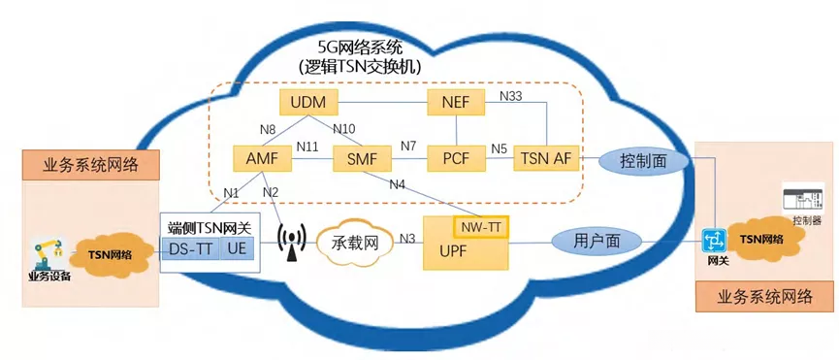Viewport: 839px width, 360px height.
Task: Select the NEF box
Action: tap(456, 102)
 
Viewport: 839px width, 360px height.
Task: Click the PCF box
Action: tap(456, 157)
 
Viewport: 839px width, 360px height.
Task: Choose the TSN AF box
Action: tap(546, 157)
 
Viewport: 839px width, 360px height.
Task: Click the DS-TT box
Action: tap(192, 248)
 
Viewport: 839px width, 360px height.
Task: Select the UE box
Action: tap(238, 248)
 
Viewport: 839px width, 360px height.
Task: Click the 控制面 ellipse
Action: tap(645, 159)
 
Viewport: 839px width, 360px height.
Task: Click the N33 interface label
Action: tap(511, 95)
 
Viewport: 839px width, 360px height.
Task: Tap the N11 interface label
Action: tap(307, 148)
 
